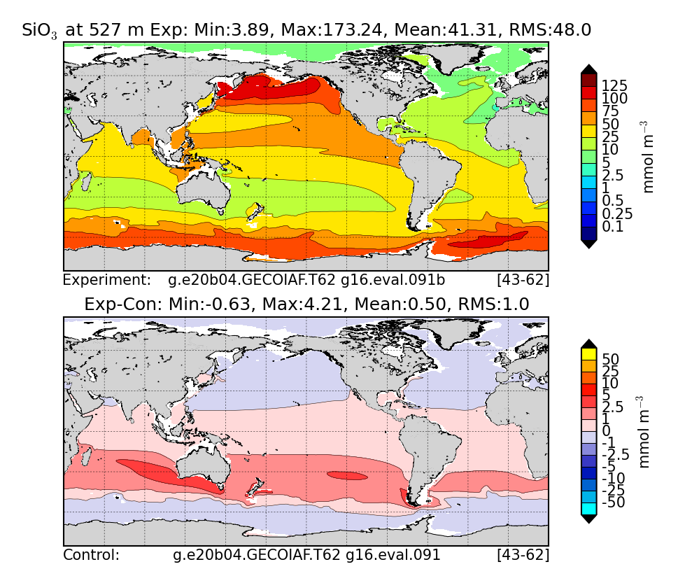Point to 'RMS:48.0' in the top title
pos(550,29)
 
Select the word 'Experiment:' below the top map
pos(107,280)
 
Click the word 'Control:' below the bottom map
pos(92,555)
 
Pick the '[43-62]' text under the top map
pos(522,280)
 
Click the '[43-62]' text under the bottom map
pos(522,555)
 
